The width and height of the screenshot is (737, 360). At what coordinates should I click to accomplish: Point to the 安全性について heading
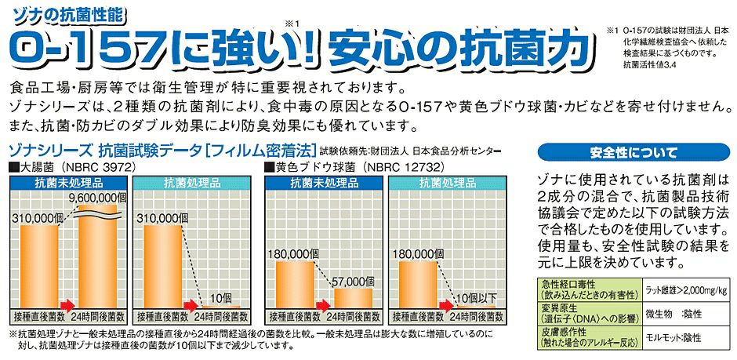[x=634, y=152]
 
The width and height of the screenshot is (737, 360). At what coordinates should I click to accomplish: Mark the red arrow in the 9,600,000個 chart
[x=66, y=304]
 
